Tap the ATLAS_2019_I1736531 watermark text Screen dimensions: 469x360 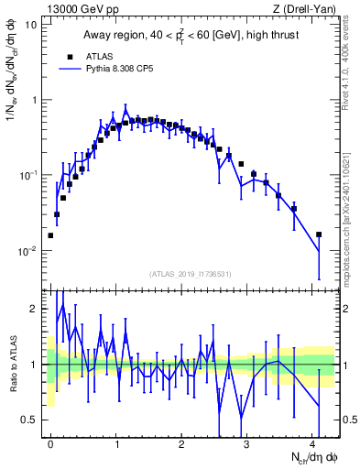point(191,274)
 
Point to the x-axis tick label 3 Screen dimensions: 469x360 point(247,443)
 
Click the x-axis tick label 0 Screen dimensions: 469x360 point(50,443)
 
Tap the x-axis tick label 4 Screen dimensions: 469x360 point(312,443)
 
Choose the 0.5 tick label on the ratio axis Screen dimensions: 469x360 point(31,420)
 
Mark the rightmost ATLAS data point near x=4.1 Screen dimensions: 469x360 point(319,234)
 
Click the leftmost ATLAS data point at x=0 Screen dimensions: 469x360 point(50,235)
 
